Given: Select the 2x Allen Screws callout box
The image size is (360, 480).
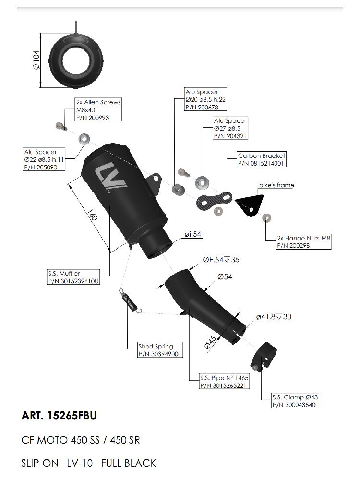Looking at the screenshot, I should tap(98, 110).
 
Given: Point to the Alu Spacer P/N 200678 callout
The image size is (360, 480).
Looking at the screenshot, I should tap(205, 99).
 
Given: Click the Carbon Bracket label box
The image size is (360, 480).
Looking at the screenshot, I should tap(262, 159).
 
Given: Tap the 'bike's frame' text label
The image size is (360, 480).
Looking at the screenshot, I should tap(276, 185).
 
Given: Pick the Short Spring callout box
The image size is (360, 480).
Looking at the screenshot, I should tap(156, 350).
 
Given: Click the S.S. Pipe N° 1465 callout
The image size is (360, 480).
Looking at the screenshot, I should tap(224, 381).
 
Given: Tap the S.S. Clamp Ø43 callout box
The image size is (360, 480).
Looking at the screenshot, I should tap(295, 401).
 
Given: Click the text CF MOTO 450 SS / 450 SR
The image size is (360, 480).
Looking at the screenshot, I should tap(81, 440).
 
